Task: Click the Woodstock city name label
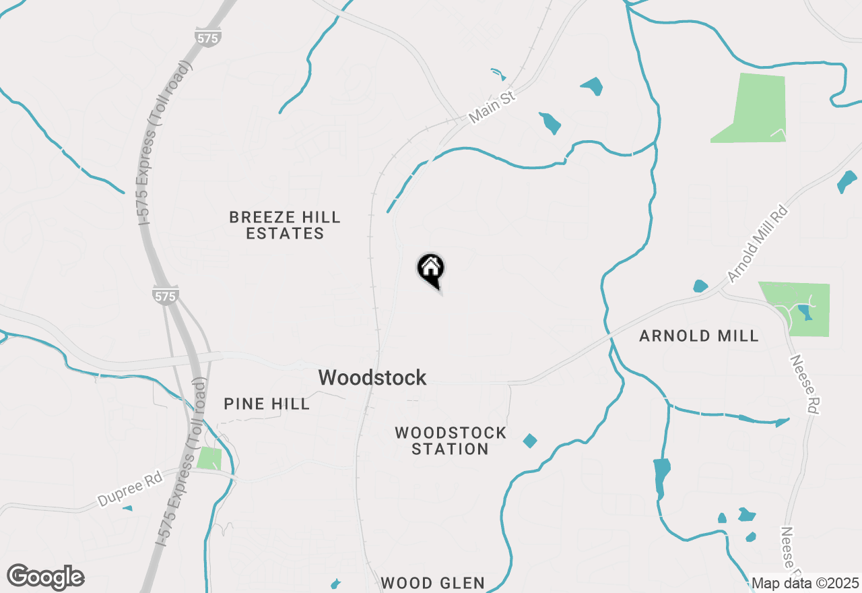click(372, 377)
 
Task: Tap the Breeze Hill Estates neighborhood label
click(285, 225)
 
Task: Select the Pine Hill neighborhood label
click(267, 404)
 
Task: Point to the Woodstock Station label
click(451, 441)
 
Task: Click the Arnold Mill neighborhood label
click(699, 336)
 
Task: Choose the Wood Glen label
click(432, 583)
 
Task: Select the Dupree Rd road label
click(131, 490)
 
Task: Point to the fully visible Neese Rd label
click(805, 384)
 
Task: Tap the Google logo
click(46, 578)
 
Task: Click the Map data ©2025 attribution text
click(805, 583)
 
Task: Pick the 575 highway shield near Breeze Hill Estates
click(165, 295)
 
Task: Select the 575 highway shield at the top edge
click(208, 38)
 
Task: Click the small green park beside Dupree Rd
click(209, 458)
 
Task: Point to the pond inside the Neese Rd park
click(804, 312)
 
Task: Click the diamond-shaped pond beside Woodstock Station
click(530, 441)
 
